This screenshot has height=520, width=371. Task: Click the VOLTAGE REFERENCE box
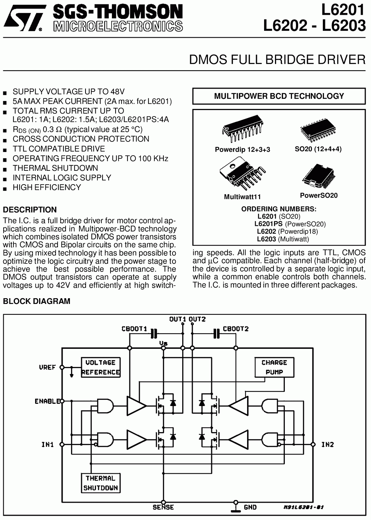[100, 367]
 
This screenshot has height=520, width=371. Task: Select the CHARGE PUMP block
[274, 367]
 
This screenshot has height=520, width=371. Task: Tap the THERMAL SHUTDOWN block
[100, 483]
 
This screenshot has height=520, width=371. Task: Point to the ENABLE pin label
[47, 401]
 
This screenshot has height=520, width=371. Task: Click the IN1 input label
[47, 444]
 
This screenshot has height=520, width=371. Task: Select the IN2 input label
[327, 444]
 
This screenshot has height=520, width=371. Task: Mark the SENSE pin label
[163, 507]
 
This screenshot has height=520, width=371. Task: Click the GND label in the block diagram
[250, 507]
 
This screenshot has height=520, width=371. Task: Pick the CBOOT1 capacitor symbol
[154, 333]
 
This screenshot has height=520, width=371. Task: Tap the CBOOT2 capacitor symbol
[217, 333]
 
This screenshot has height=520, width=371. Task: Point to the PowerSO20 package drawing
[318, 176]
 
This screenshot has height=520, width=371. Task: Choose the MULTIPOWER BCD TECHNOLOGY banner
[279, 96]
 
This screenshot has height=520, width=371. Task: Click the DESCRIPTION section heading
[30, 210]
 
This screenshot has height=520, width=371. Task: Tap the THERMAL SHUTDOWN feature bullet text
[55, 168]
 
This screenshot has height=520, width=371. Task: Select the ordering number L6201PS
[268, 224]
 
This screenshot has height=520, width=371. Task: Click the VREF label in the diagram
[47, 367]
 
